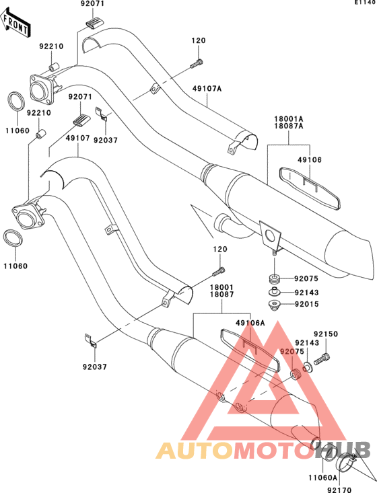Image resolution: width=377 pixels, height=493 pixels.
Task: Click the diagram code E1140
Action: click(x=366, y=3)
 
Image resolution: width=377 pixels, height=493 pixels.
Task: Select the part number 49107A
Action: click(x=207, y=89)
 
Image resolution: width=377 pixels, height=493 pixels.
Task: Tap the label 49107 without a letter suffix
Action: click(x=77, y=138)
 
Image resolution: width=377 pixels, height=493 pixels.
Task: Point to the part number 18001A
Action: click(x=289, y=119)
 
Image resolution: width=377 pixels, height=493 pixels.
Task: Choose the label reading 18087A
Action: click(x=289, y=126)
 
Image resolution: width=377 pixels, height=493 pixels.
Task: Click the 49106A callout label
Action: click(x=250, y=323)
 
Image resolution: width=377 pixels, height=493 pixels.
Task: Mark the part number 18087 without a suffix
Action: click(x=222, y=295)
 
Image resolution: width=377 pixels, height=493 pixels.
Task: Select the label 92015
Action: click(x=306, y=304)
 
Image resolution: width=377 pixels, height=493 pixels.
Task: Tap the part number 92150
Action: click(x=326, y=334)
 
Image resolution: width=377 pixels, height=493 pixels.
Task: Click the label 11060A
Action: click(x=322, y=478)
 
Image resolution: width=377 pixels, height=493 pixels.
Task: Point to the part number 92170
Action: click(x=339, y=490)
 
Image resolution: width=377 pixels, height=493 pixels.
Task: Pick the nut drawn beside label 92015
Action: click(x=275, y=305)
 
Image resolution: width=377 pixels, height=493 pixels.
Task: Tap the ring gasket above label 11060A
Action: click(x=329, y=453)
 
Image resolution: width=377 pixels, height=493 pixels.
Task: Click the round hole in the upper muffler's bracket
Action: click(x=269, y=235)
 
